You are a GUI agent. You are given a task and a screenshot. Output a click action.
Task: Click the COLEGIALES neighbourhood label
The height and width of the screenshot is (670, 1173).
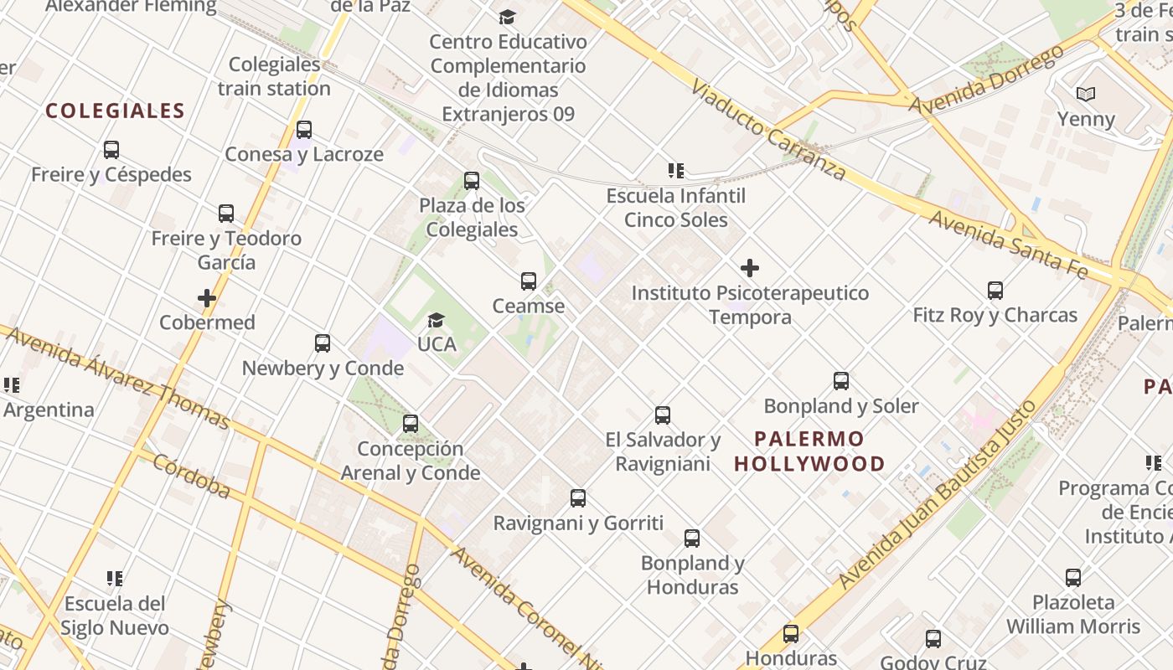point(115,111)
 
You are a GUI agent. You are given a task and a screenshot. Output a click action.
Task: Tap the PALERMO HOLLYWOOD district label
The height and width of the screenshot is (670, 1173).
point(809,451)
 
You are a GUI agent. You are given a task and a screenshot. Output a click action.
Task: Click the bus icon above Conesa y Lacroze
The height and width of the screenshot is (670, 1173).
point(304,130)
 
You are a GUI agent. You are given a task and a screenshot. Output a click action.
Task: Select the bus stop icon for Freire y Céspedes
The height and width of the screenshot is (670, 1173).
point(111,150)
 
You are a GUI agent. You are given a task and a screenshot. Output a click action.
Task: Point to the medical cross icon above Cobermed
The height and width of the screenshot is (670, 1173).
point(207,298)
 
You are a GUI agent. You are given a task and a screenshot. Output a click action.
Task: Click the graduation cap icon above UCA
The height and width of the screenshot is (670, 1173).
point(436,320)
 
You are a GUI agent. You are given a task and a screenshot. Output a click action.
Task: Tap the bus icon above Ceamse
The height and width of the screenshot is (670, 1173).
point(529,281)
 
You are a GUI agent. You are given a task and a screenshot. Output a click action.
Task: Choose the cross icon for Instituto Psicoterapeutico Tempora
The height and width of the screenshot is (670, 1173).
point(750,268)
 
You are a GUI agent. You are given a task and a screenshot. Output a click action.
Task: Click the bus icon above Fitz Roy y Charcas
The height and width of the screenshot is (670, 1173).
point(995,291)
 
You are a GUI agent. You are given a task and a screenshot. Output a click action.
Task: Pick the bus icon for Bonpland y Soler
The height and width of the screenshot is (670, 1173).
point(841,381)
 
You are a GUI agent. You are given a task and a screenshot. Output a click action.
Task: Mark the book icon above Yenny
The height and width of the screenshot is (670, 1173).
point(1086,94)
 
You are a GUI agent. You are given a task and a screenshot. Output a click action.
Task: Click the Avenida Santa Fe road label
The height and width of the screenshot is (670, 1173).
point(1009,244)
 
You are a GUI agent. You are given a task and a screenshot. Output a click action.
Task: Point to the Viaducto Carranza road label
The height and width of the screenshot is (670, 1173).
point(768,131)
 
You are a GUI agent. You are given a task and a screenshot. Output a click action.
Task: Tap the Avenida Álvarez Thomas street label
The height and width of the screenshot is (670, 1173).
point(117,376)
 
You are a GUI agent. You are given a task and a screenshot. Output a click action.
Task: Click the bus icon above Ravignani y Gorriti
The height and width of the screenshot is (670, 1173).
point(578,498)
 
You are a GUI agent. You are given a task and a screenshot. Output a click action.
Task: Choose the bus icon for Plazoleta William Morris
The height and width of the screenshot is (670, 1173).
point(1073,577)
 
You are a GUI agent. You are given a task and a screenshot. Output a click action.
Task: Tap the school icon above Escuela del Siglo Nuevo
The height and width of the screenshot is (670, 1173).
point(116,578)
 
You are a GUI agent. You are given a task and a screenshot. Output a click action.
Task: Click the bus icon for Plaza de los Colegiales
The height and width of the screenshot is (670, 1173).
point(472,181)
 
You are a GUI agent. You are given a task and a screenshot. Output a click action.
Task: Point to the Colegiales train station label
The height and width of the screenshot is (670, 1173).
point(275,76)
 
